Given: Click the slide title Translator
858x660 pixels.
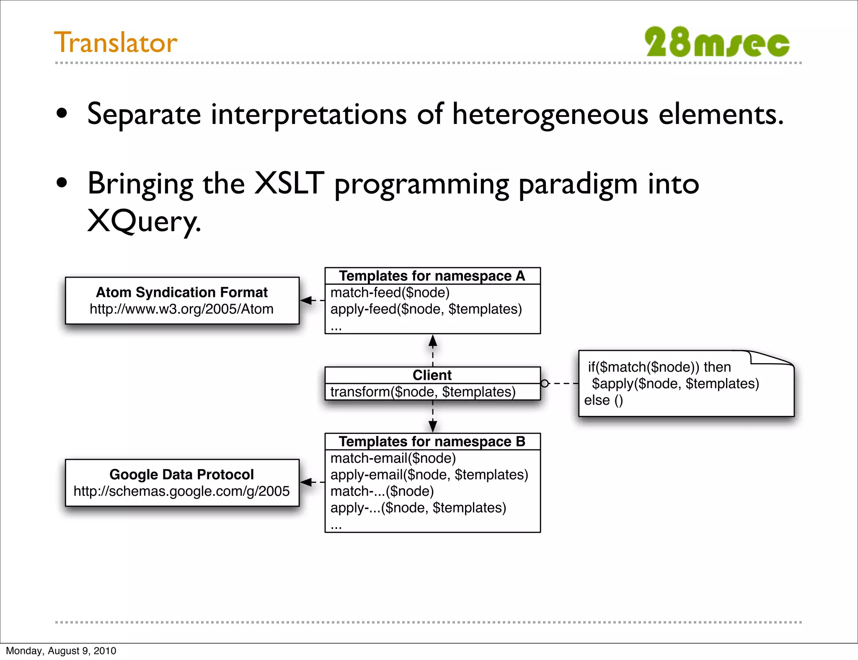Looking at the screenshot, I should [116, 43].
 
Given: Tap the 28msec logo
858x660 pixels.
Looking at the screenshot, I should [717, 42].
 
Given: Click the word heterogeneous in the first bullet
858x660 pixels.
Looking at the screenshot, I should [550, 114].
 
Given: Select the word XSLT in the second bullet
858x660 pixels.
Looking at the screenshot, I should [289, 183].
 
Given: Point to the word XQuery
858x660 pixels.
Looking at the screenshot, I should [144, 221].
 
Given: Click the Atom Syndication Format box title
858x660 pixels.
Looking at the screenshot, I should [182, 292].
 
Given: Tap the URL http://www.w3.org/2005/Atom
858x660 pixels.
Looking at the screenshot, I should [181, 309].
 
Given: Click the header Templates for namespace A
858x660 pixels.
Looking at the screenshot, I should [432, 276].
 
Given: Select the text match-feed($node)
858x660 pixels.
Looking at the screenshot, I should [390, 292].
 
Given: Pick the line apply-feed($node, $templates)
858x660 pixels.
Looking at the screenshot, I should [426, 309].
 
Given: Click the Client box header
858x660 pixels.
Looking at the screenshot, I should [432, 375].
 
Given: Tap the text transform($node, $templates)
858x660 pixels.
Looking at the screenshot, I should [423, 392].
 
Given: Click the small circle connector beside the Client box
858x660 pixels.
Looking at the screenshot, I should [545, 383].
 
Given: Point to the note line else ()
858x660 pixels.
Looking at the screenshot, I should [603, 400].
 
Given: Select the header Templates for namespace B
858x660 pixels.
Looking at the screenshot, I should [432, 441].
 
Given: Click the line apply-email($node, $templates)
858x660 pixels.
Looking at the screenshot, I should [429, 474].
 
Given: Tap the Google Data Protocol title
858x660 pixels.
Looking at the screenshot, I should [181, 474].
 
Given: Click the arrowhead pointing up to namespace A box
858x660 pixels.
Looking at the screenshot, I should [433, 341].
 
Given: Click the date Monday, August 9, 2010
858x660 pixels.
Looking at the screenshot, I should [61, 651].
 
